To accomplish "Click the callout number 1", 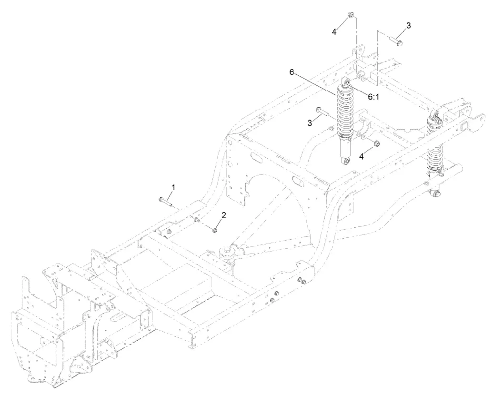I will [173, 188].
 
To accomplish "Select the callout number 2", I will [223, 216].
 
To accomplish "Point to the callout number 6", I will [292, 72].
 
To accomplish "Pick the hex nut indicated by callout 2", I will [215, 231].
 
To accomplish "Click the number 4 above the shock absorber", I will [334, 31].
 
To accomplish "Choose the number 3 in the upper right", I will [408, 24].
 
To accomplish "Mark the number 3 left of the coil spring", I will [310, 123].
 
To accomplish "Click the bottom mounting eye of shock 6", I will [345, 162].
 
